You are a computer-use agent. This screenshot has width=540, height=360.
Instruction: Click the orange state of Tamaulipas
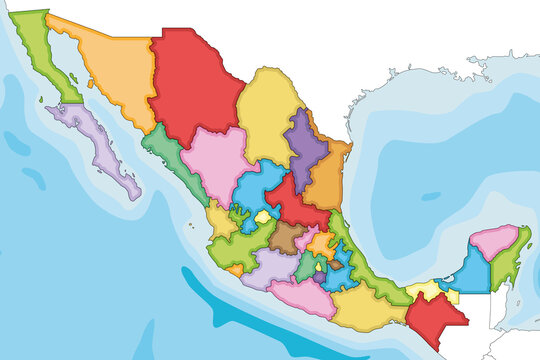pos(326,180)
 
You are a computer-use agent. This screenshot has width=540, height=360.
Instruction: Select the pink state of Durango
pos(215,160)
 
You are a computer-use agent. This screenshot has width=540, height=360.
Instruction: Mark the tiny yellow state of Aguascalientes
pos(263,216)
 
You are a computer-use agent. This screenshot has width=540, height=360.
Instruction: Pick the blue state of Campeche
pos(467,268)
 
